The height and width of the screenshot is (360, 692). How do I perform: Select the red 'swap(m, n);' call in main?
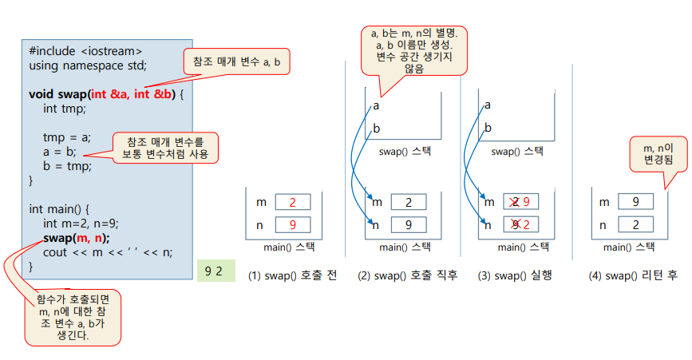pyautogui.click(x=77, y=238)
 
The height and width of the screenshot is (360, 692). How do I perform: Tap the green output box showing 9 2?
pyautogui.click(x=213, y=271)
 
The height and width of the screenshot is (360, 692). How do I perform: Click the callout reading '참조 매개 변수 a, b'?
pyautogui.click(x=238, y=61)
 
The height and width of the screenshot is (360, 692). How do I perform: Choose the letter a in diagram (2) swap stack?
pyautogui.click(x=376, y=105)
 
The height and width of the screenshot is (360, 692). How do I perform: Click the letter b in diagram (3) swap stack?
pyautogui.click(x=488, y=128)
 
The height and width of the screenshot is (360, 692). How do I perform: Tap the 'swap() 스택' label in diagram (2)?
pyautogui.click(x=405, y=151)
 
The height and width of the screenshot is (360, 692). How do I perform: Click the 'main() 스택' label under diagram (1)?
pyautogui.click(x=287, y=247)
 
